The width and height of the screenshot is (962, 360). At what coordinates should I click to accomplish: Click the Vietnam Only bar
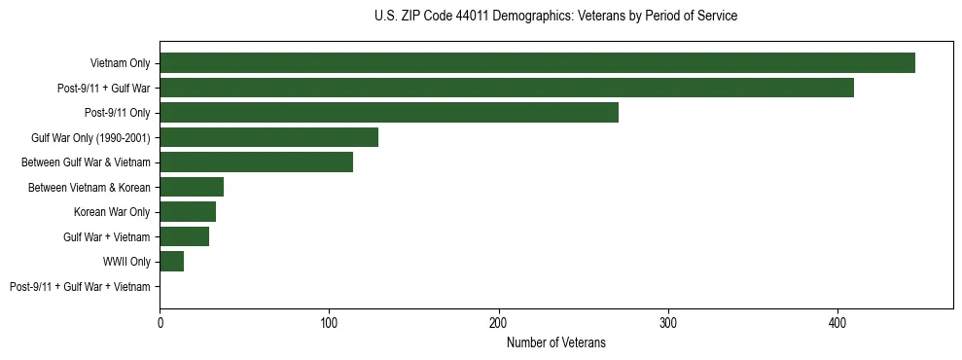coord(537,63)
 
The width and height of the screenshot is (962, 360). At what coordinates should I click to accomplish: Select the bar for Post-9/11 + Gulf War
coord(507,88)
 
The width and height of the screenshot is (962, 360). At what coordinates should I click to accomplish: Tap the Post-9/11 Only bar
coord(389,113)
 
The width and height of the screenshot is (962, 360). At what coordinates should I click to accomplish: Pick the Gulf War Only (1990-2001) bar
coord(268,137)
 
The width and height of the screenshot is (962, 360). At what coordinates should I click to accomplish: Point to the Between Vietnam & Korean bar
coord(192,187)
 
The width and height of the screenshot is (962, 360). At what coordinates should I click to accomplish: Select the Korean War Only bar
coord(188,212)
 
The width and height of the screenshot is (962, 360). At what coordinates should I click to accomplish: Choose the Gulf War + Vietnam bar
coord(184,236)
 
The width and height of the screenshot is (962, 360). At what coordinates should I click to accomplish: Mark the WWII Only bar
coord(171,262)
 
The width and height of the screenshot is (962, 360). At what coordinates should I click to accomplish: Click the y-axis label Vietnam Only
coord(120,63)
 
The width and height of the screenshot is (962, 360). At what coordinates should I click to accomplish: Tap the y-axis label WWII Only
coord(126,262)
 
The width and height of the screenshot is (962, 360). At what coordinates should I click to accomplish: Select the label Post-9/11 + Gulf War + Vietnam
coord(80,287)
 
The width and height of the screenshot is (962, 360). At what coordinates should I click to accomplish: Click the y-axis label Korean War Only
coord(112,212)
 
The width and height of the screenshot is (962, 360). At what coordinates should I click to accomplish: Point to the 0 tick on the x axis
coord(160,322)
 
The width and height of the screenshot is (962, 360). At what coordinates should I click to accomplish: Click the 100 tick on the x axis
coord(329,322)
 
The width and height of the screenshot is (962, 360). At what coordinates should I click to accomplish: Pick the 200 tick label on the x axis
coord(499,322)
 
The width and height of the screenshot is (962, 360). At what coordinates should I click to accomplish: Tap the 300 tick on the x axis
coord(668,322)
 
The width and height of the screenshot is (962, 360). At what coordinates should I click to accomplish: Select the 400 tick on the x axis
coord(837,322)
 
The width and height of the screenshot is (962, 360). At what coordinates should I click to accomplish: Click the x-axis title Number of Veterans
coord(555,342)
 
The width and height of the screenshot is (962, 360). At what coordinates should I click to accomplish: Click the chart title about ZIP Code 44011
coord(555,17)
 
